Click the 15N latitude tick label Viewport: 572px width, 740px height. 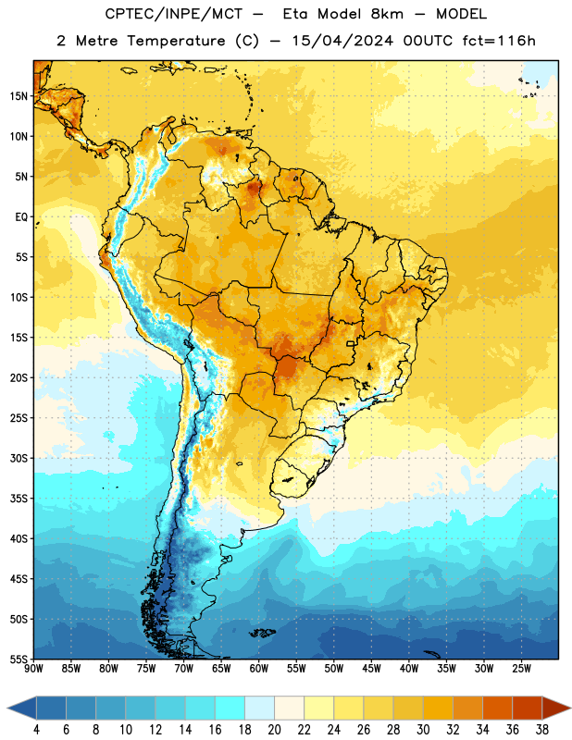click(19, 96)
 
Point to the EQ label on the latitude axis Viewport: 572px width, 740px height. click(21, 217)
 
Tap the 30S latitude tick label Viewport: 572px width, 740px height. click(19, 458)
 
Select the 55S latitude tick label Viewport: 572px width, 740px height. click(19, 659)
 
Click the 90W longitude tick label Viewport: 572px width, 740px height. click(34, 669)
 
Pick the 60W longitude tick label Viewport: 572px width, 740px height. click(259, 669)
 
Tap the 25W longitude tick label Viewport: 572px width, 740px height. click(521, 669)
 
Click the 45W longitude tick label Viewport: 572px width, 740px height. click(371, 669)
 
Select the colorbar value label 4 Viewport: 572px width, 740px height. click(36, 730)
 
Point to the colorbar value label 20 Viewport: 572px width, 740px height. click(274, 730)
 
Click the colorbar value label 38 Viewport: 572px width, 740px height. click(542, 730)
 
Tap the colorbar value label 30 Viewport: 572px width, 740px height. click(423, 730)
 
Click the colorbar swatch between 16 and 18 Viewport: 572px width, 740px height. click(230, 709)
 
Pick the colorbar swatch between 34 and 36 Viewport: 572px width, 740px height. click(498, 709)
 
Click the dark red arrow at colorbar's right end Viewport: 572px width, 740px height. click(556, 709)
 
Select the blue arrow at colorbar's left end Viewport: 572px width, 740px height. click(21, 709)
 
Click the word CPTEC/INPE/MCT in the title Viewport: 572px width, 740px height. click(174, 14)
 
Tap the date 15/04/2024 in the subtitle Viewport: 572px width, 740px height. click(342, 41)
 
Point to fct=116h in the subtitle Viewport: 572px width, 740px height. click(499, 41)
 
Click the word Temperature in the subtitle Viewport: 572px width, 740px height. click(176, 42)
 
